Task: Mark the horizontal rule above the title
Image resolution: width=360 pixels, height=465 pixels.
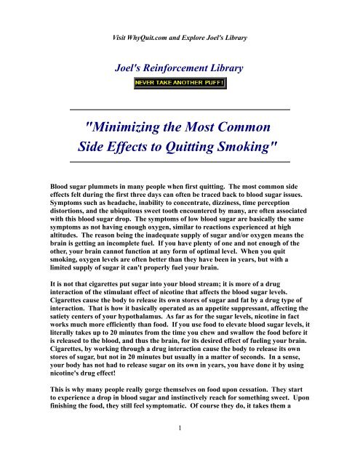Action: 179,109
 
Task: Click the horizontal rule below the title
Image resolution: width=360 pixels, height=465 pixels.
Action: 179,161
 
